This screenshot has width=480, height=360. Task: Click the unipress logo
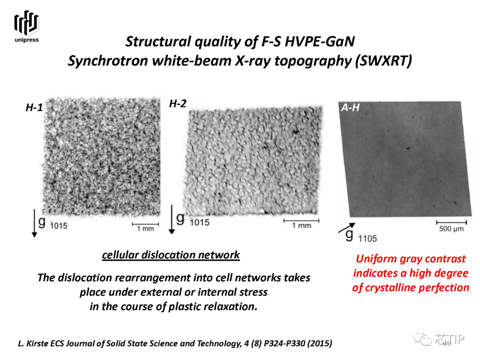tap(27, 26)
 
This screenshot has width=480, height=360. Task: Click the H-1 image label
tap(34, 108)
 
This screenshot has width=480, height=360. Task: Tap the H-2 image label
tap(178, 104)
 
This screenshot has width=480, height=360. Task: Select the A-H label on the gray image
tap(351, 108)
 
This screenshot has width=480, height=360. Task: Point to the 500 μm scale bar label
tap(452, 229)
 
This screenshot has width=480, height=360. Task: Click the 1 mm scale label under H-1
tap(145, 229)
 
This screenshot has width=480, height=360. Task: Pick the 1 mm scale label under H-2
tap(301, 226)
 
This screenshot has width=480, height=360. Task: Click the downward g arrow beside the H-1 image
tap(34, 223)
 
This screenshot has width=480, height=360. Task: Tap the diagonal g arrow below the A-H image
tap(347, 228)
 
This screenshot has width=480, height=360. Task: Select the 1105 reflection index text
tap(368, 239)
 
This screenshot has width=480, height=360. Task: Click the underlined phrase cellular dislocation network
tap(171, 255)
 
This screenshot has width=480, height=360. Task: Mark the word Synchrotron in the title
tap(109, 60)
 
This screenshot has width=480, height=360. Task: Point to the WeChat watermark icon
tap(423, 339)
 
